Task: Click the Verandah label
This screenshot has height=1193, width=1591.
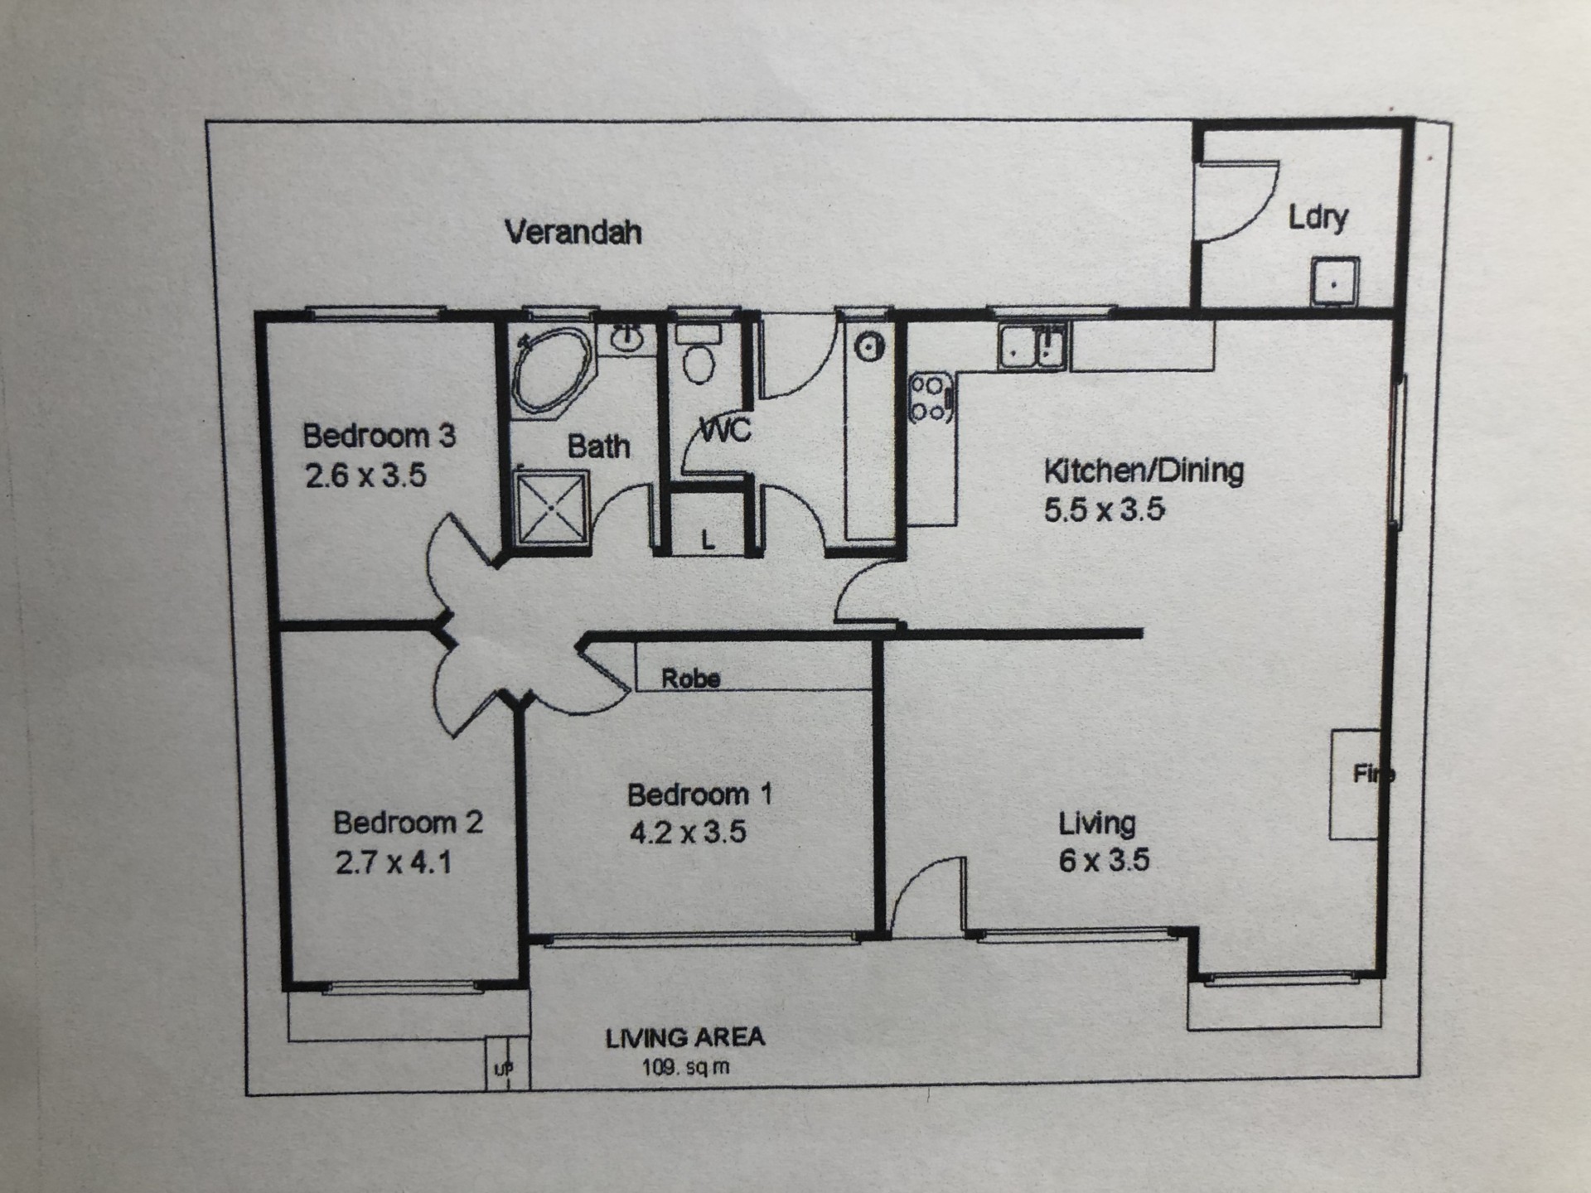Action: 573,232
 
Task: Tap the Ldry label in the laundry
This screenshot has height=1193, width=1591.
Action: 1318,217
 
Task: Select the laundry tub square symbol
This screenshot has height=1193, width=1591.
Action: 1334,282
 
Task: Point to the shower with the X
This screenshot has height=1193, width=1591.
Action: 551,507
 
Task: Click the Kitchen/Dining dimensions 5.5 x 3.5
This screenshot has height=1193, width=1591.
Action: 1104,510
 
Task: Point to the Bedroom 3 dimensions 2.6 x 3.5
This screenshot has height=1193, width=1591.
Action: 365,476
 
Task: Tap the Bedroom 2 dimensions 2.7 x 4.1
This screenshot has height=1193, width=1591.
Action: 394,862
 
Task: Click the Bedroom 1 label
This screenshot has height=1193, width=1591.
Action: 699,795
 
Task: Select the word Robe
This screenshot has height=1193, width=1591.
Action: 690,679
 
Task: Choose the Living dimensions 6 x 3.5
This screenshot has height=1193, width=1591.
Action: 1104,860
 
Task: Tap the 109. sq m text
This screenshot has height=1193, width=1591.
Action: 685,1067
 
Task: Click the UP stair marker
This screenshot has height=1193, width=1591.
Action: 504,1070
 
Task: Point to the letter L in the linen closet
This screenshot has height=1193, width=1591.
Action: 708,541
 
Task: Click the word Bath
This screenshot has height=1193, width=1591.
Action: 598,447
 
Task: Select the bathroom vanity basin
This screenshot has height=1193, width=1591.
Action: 627,338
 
